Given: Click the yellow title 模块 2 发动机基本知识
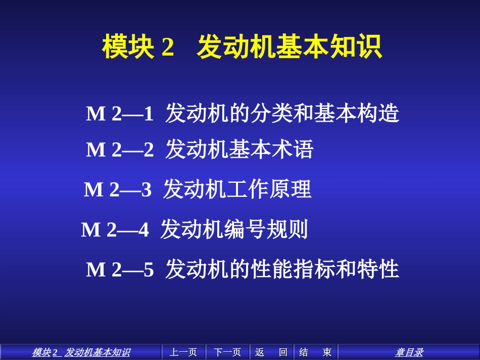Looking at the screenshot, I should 242,47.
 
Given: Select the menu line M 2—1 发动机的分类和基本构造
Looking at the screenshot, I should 243,114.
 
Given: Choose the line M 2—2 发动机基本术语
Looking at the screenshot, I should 200,150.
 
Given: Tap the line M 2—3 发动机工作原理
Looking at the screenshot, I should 197,190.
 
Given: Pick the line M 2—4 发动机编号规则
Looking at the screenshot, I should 195,230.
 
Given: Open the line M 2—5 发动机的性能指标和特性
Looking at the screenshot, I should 243,270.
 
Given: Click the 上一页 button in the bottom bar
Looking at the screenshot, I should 183,352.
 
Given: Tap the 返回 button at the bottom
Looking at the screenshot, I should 271,352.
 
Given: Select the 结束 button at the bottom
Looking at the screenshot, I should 315,352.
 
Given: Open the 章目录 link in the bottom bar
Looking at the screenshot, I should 409,352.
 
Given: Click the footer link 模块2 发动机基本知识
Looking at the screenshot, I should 81,352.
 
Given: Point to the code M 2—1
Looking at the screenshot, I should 120,114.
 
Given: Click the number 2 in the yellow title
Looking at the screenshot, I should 168,47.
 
